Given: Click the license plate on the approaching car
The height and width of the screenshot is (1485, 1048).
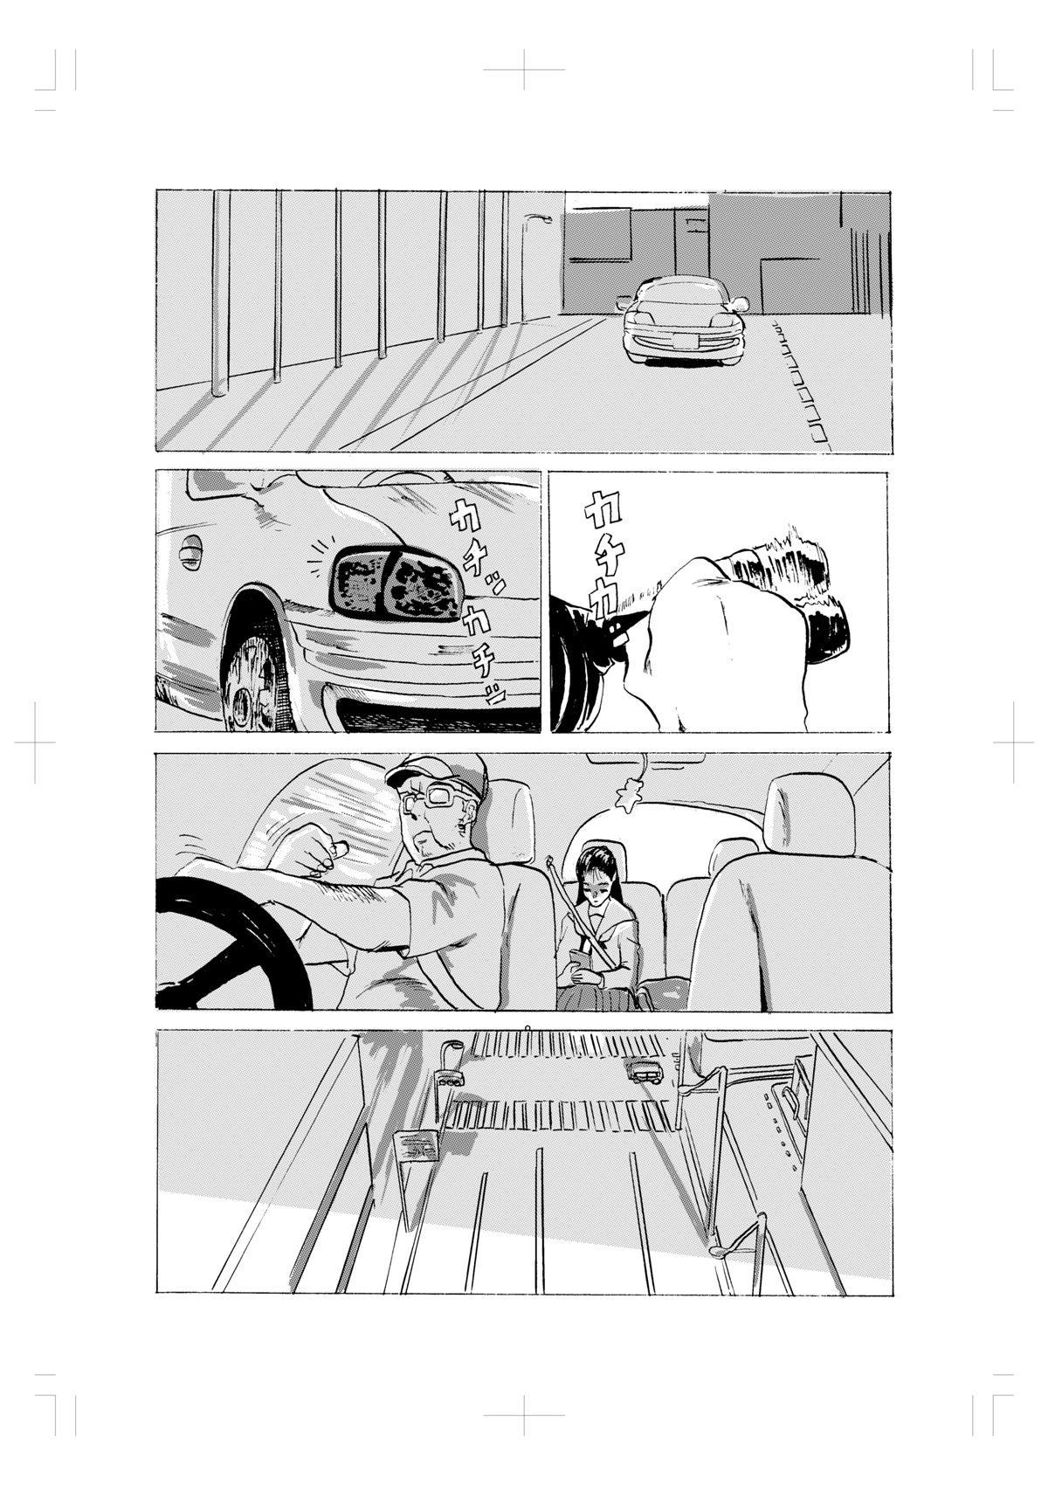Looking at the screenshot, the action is pos(685,341).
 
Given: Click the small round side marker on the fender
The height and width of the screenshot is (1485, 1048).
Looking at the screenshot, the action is pos(190,550).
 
